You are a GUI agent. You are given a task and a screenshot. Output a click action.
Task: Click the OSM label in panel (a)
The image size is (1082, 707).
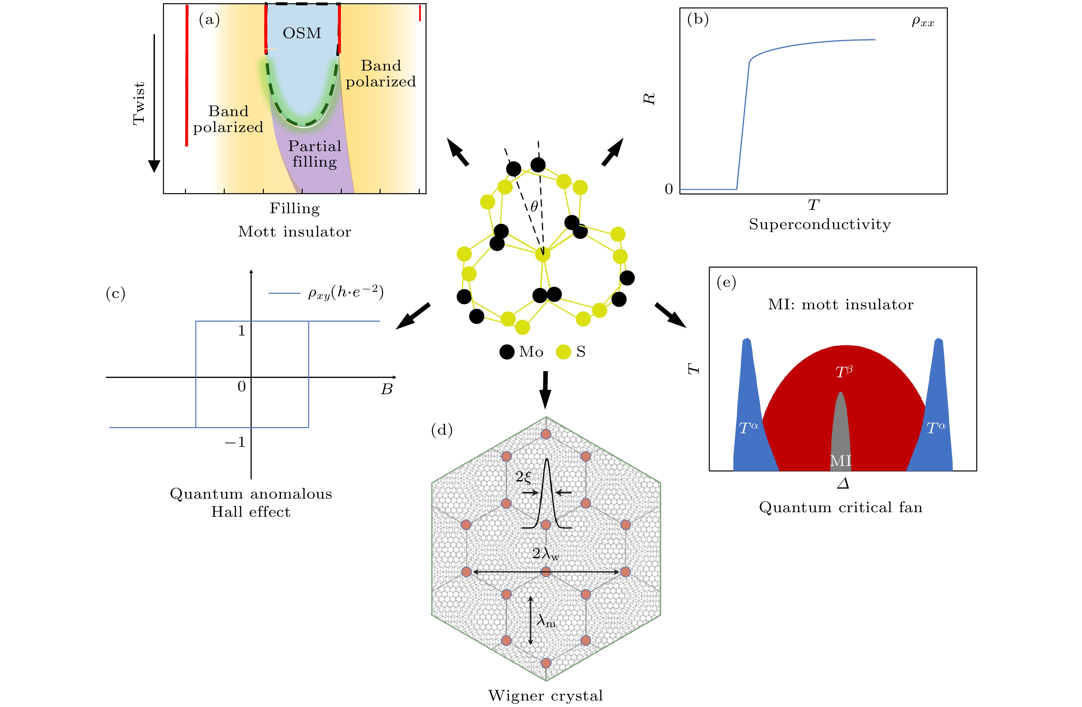click(302, 33)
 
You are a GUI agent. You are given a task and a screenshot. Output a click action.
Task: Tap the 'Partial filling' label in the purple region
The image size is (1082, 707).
click(315, 154)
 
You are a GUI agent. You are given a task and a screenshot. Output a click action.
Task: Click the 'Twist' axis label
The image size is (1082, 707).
click(139, 103)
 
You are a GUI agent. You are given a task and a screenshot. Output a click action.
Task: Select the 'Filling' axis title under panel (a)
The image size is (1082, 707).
click(295, 208)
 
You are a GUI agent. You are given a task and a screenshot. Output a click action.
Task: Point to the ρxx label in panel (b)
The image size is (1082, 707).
click(923, 22)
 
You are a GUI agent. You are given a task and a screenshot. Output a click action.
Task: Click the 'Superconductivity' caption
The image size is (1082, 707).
click(820, 224)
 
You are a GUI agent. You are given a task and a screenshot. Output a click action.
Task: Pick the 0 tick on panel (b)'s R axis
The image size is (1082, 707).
click(668, 189)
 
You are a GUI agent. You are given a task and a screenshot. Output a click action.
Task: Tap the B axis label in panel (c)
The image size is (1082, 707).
click(386, 390)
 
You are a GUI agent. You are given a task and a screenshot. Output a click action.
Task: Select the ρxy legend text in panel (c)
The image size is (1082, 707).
click(345, 292)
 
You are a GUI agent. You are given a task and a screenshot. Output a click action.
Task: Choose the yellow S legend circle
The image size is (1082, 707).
click(563, 352)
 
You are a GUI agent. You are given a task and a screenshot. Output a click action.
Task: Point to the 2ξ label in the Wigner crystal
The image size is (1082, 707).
click(523, 477)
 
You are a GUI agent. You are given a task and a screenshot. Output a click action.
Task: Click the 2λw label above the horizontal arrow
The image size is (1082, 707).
click(546, 554)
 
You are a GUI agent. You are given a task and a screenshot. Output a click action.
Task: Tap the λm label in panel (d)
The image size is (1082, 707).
click(546, 621)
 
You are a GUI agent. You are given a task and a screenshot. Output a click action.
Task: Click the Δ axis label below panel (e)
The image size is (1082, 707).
click(843, 483)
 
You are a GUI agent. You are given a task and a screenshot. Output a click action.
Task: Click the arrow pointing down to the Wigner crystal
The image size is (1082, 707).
click(545, 390)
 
